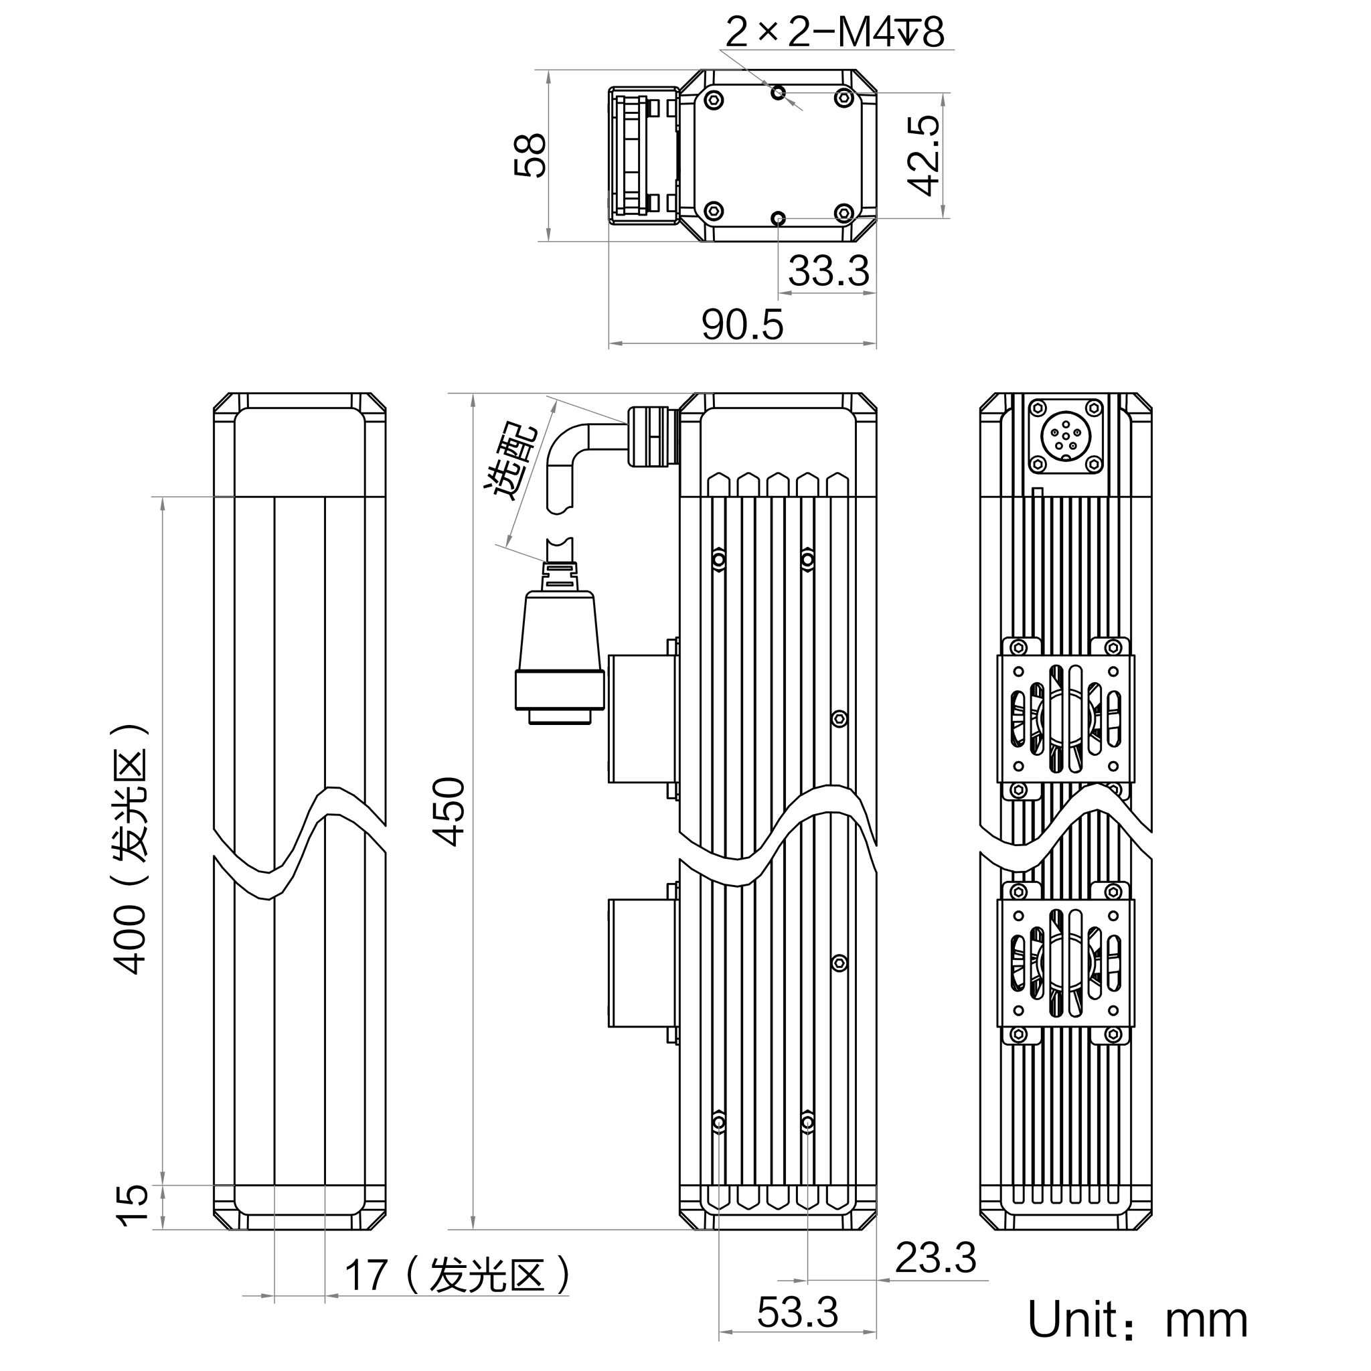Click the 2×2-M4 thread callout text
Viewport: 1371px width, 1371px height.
coord(835,32)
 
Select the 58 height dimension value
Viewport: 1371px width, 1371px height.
coord(530,155)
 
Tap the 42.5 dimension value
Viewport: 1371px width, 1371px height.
coord(923,155)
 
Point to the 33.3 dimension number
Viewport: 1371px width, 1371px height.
coord(828,271)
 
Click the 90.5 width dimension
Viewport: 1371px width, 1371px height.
coord(742,325)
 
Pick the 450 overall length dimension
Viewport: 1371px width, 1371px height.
coord(449,812)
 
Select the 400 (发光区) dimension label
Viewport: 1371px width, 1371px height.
coord(130,849)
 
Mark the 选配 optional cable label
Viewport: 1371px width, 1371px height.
coord(511,462)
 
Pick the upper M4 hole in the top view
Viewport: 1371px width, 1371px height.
coord(779,92)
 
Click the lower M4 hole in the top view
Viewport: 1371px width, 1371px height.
coord(779,218)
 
